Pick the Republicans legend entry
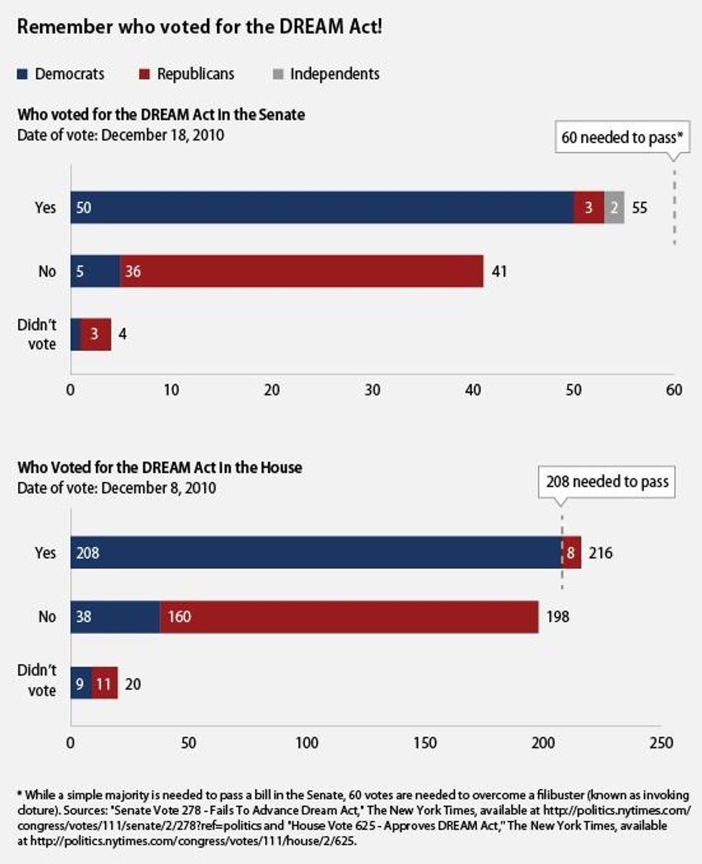186,74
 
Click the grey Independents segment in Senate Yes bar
614,208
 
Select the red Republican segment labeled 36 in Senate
302,272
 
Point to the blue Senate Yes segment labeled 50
322,208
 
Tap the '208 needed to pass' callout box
606,481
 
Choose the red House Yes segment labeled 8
572,552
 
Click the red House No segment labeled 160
349,617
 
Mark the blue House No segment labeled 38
115,617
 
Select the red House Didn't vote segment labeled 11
105,683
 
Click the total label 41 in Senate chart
499,272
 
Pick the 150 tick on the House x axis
425,743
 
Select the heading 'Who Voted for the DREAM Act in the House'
160,468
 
